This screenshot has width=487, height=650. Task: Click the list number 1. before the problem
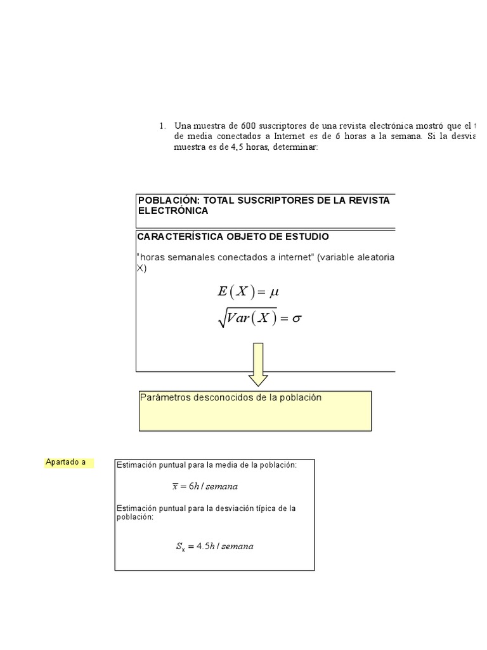coord(163,126)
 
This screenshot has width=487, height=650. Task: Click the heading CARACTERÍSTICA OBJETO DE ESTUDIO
coord(233,237)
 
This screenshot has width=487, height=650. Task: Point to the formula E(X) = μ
coord(248,292)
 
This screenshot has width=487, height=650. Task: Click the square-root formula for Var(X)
coord(259,319)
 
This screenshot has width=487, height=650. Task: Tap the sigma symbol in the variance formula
coord(296,319)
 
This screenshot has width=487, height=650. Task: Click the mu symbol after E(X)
coord(274,293)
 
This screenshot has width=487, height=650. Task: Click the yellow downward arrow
coord(258,365)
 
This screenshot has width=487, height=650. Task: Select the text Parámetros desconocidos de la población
coord(231,398)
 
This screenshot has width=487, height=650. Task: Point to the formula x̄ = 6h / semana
coord(205,486)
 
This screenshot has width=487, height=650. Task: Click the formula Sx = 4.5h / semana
coord(214,547)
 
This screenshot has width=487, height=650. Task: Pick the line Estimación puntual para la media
coord(206,465)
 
